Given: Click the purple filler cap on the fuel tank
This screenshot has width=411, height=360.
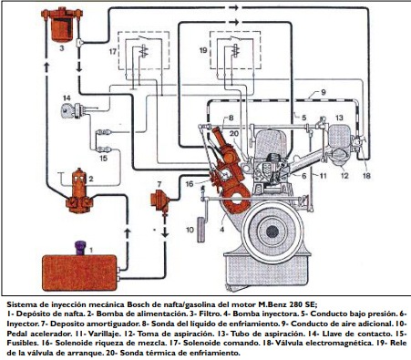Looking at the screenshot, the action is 80,248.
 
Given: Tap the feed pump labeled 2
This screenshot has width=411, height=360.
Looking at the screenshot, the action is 79,191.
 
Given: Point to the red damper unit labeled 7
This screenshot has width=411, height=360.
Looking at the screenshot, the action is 159,201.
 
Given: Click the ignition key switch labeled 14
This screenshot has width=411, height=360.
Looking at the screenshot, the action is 72,110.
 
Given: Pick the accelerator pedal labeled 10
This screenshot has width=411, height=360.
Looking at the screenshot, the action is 200,230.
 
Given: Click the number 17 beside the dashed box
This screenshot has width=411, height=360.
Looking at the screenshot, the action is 113,52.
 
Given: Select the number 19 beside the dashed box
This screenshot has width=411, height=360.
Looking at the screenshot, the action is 203,50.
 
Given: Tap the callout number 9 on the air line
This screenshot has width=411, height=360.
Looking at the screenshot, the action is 323,92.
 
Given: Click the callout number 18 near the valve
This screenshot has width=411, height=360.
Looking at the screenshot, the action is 366,176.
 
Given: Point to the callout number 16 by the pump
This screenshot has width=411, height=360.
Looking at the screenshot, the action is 190,184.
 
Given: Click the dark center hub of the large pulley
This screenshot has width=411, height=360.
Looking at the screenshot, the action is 272,231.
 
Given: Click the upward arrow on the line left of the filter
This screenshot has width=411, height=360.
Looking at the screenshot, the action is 46,67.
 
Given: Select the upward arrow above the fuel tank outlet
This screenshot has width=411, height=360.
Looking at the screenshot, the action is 128,234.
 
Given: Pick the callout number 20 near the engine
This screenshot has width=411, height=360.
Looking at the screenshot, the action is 234,134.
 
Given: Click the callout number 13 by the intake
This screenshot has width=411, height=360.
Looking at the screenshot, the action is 339,118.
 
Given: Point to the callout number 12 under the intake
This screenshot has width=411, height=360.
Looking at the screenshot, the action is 344,175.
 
